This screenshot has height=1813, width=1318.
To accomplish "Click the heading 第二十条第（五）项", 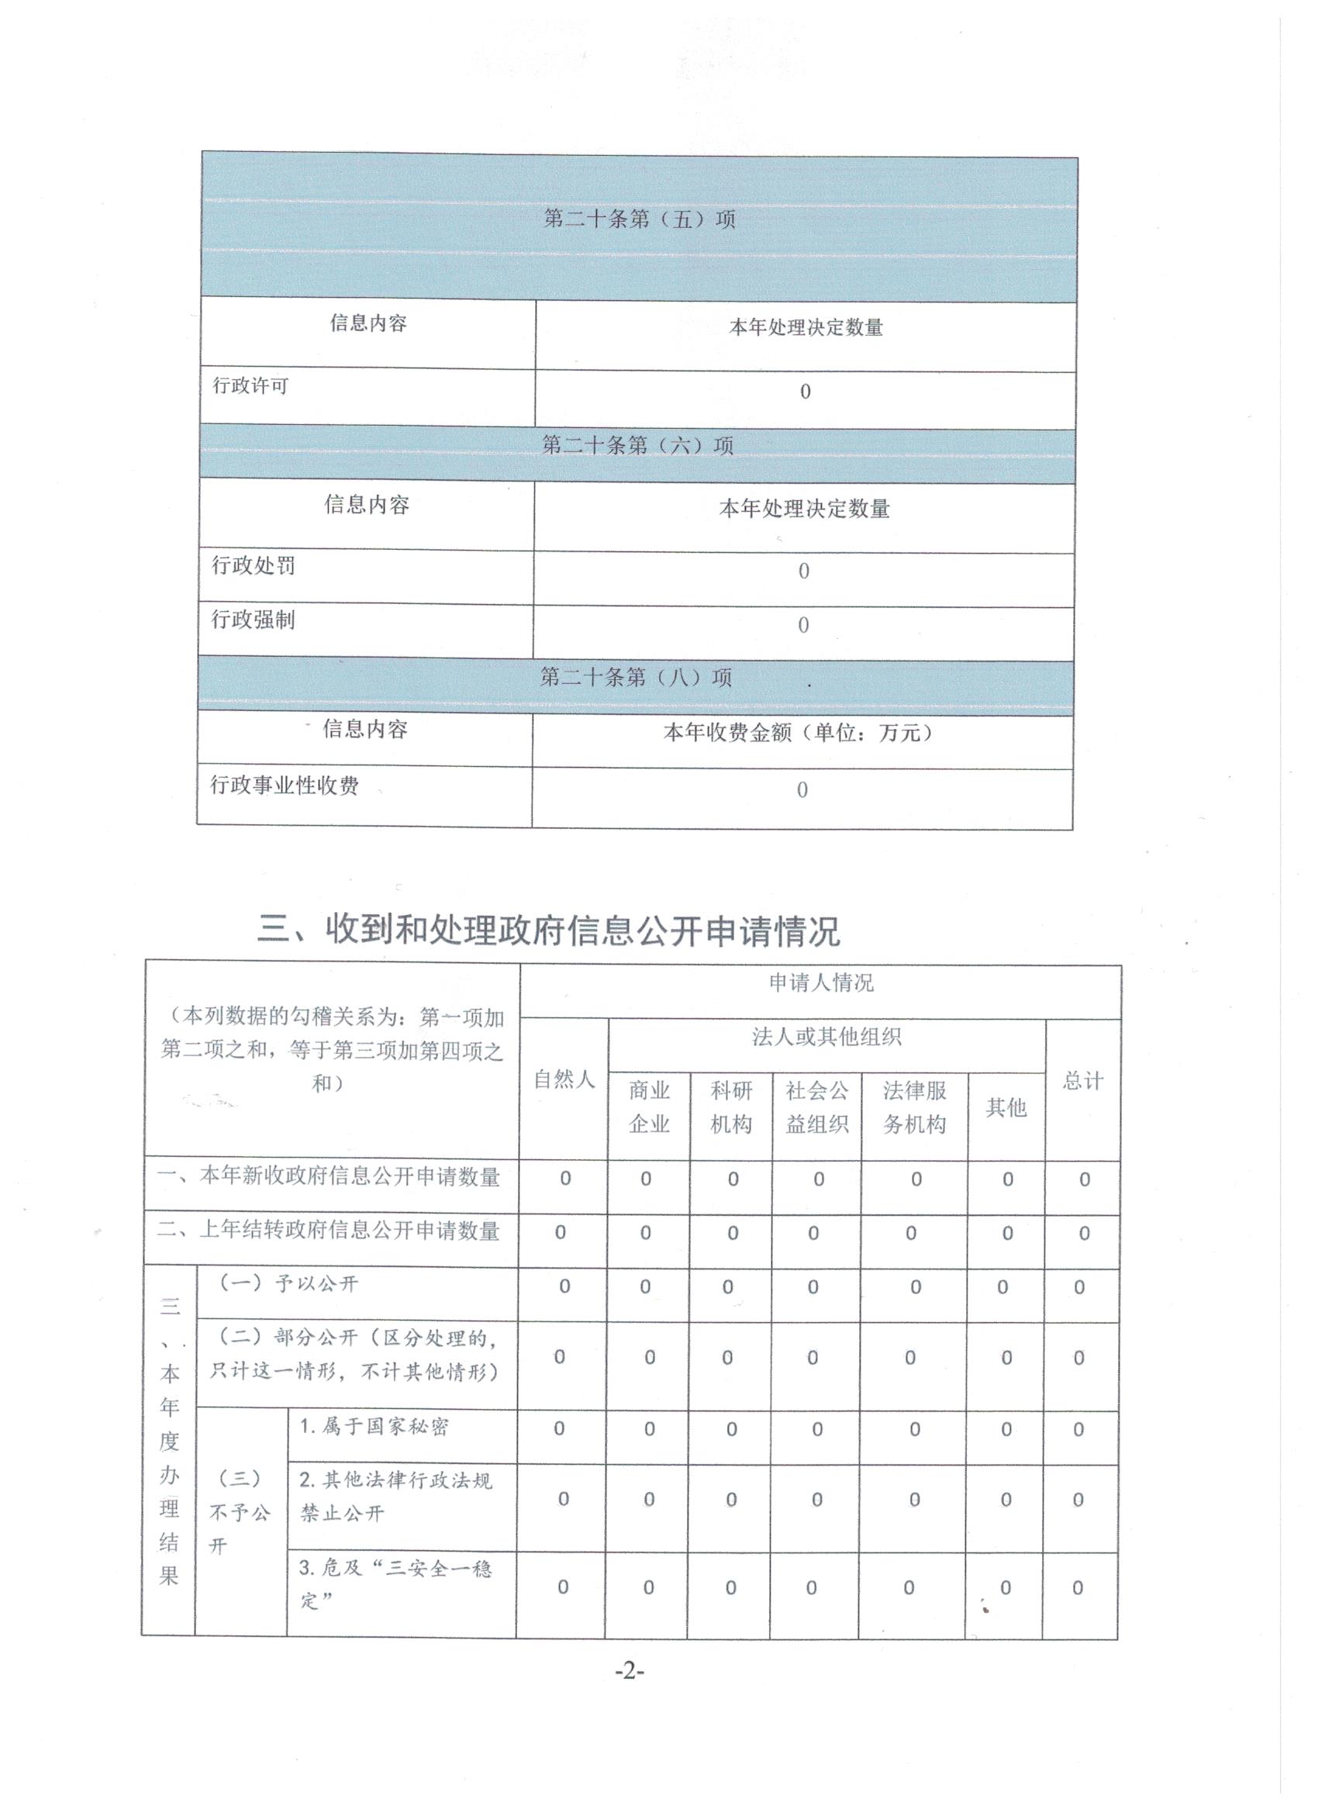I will coord(639,219).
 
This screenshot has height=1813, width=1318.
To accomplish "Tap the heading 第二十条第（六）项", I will coord(637,445).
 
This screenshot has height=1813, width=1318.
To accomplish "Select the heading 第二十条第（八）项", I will coord(636,678).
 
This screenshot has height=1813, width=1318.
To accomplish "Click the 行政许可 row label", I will coord(250,386).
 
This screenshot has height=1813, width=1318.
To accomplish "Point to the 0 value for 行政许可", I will coord(805,392).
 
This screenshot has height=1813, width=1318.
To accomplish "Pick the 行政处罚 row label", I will coord(254,566).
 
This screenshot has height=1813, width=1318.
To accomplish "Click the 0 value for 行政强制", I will coord(803,625).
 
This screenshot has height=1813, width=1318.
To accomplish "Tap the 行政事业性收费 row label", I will coord(285,786).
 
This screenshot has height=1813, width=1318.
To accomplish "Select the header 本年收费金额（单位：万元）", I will coord(799,732).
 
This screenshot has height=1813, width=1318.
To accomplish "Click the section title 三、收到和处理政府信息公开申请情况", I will coord(548,931).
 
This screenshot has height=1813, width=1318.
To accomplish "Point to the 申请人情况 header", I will coord(821,982).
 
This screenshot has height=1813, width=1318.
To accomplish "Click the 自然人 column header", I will coord(564,1080).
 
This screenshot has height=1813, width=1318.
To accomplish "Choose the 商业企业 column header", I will coord(649,1107).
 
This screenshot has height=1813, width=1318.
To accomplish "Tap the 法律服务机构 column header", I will coord(914,1107).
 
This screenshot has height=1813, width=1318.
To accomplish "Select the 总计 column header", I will coord(1083,1082).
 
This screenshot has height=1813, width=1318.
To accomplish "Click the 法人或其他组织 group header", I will coord(826,1038).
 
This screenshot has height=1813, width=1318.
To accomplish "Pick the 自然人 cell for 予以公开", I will coord(564,1286).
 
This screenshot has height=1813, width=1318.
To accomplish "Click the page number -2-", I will coord(629,1671).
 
